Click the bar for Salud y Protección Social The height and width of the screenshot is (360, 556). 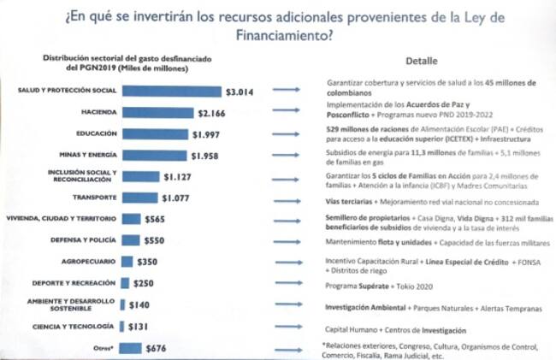171,90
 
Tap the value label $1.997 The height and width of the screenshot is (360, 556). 208,133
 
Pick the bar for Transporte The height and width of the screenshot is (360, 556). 141,198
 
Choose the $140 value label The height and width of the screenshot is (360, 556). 138,304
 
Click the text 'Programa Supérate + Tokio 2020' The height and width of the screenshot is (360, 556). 382,283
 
